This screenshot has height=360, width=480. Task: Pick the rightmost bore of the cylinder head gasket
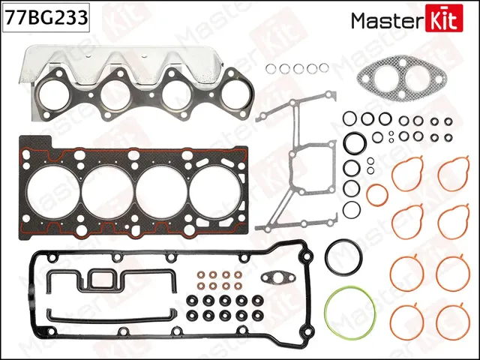[x=214, y=184]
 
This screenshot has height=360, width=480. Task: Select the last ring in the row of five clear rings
[x=322, y=69]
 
